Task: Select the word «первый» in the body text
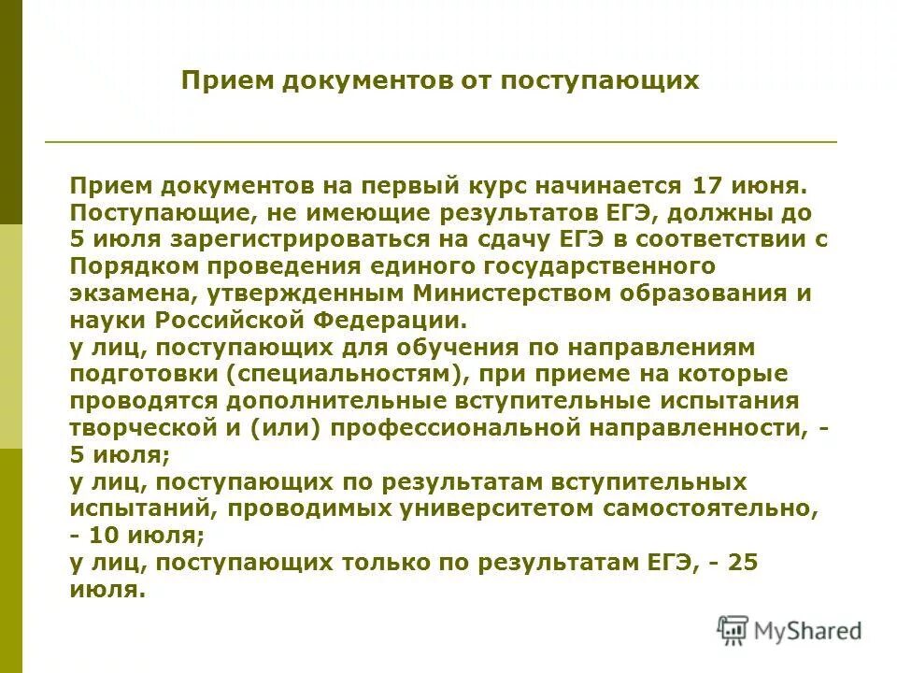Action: pos(419,185)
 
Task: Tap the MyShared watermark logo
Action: pos(790,631)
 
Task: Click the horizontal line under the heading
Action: pos(440,142)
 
